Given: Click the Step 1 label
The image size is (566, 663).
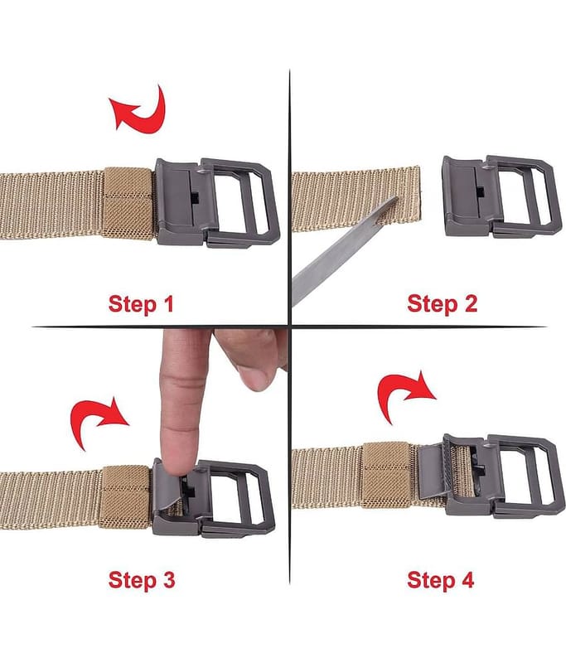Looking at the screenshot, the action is click(141, 303).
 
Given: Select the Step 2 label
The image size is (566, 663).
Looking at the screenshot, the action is click(443, 303).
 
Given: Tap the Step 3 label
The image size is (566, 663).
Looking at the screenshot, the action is click(142, 579).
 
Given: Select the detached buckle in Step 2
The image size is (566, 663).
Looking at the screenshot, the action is click(498, 196).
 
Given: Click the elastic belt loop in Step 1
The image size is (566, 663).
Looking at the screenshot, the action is click(128, 203).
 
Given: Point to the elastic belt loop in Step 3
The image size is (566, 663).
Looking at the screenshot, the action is click(125, 497).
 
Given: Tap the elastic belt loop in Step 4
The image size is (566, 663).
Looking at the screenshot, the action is click(386, 475).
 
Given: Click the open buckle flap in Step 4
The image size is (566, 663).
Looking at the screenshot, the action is click(433, 472).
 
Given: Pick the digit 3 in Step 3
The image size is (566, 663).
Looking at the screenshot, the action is click(169, 579).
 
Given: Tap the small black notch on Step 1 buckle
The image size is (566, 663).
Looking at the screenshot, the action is click(195, 197).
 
